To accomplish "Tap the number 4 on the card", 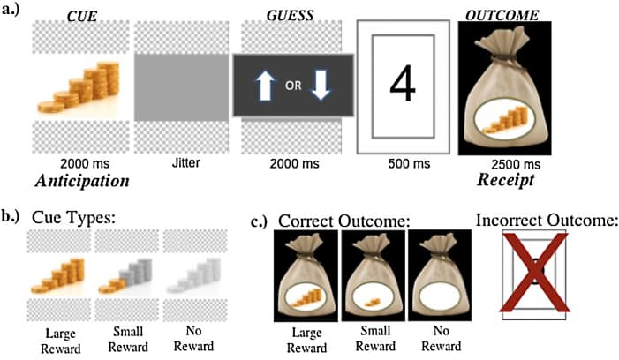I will tap(401, 85).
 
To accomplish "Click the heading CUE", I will tap(80, 14).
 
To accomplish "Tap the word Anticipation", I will tap(83, 181).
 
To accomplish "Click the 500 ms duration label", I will tap(401, 164).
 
